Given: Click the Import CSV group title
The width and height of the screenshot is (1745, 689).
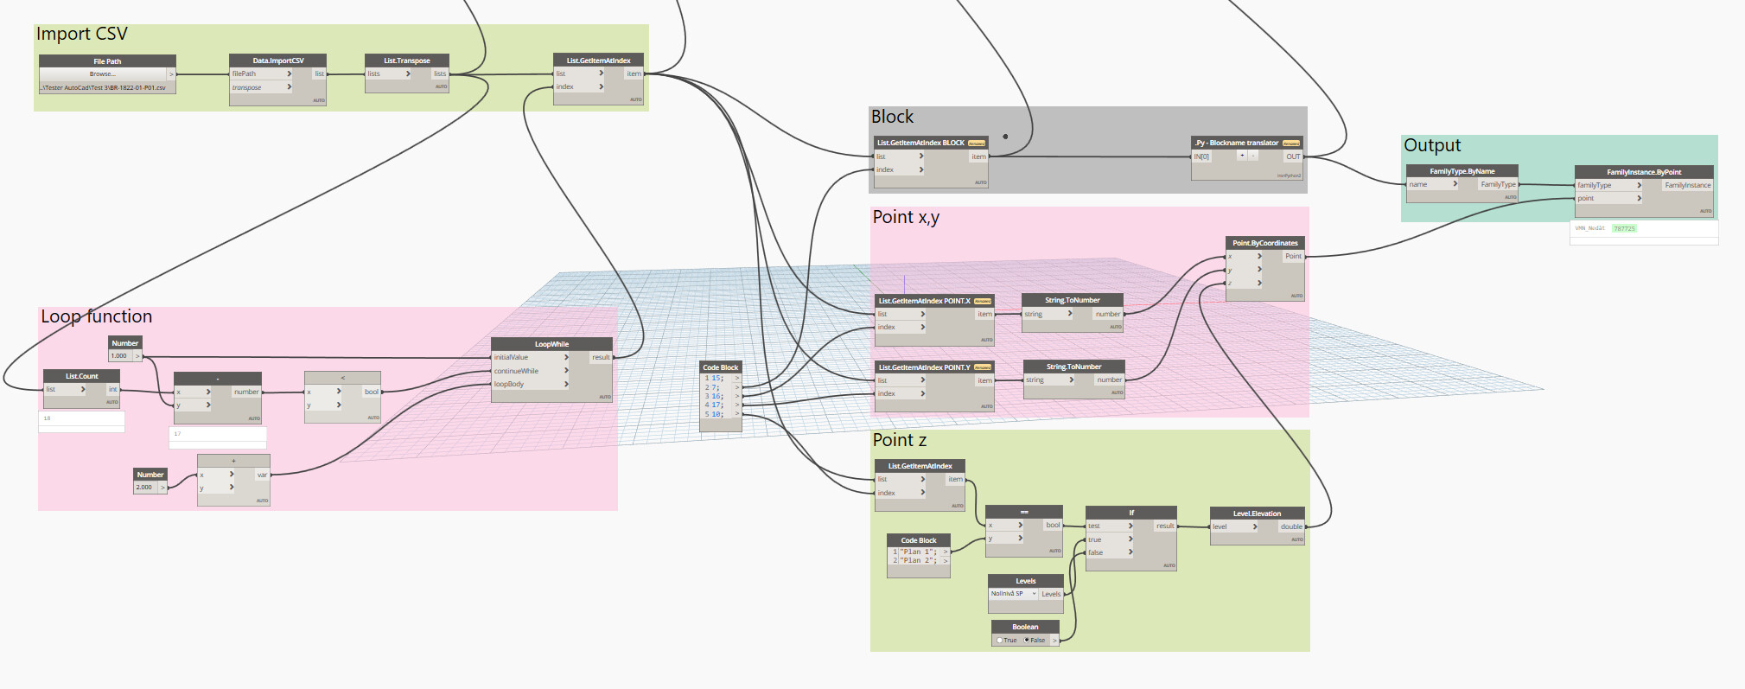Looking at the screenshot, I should pyautogui.click(x=82, y=35).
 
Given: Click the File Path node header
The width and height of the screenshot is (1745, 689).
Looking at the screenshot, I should pyautogui.click(x=107, y=61).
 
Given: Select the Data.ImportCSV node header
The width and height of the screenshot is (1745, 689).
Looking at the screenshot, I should pyautogui.click(x=277, y=61).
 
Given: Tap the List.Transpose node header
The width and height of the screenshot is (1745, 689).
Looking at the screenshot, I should pyautogui.click(x=406, y=61).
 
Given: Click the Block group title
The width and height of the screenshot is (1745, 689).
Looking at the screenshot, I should pyautogui.click(x=892, y=117).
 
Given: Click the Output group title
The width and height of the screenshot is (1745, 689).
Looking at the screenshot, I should pyautogui.click(x=1432, y=145).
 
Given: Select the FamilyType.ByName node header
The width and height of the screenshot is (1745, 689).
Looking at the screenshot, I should pyautogui.click(x=1462, y=171).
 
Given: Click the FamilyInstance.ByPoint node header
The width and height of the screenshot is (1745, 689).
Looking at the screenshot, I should pyautogui.click(x=1643, y=172).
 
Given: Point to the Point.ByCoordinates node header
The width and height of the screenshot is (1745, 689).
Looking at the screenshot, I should pyautogui.click(x=1264, y=243).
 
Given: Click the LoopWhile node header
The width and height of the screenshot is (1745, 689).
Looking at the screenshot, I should pyautogui.click(x=551, y=344).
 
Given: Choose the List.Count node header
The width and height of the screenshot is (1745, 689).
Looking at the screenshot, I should pyautogui.click(x=81, y=376).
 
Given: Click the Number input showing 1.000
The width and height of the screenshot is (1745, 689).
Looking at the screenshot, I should pyautogui.click(x=119, y=356).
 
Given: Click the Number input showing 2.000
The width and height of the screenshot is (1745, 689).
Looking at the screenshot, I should pyautogui.click(x=144, y=488).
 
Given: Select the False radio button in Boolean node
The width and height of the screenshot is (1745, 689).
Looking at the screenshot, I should pyautogui.click(x=1027, y=641).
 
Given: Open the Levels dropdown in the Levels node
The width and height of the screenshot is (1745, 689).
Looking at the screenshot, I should pyautogui.click(x=1013, y=594).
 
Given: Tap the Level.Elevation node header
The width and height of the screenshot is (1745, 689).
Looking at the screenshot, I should pyautogui.click(x=1257, y=514).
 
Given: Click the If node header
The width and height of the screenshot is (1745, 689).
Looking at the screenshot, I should pyautogui.click(x=1130, y=513).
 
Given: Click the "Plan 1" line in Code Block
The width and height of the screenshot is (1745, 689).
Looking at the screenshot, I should pyautogui.click(x=918, y=552).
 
